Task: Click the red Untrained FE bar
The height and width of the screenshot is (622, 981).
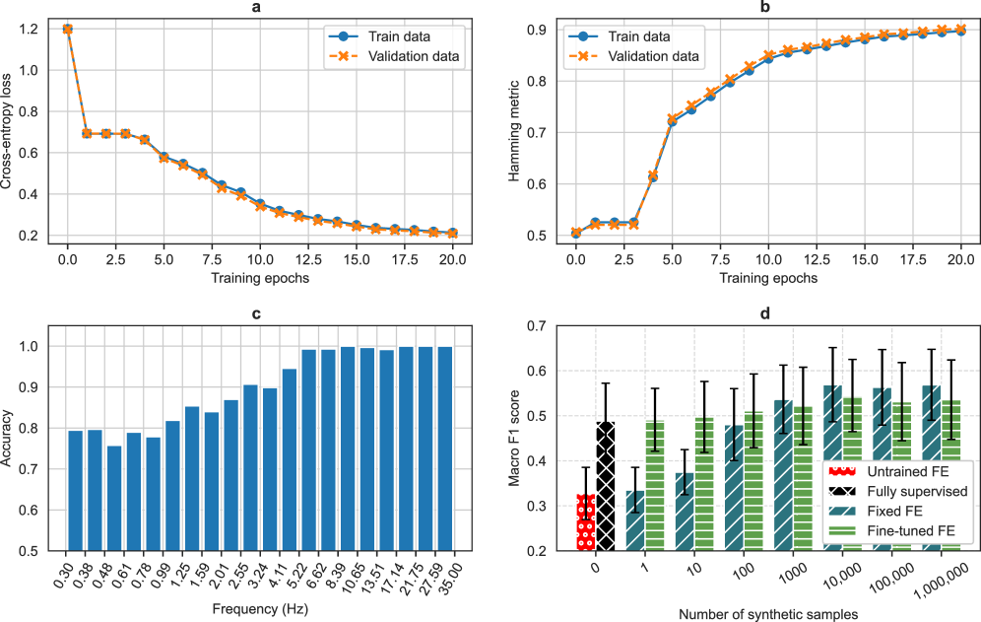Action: [586, 522]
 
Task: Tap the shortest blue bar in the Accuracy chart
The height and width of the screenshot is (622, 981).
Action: [114, 498]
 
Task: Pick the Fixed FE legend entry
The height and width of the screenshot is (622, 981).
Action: [894, 512]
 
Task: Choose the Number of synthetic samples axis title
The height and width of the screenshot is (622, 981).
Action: [767, 613]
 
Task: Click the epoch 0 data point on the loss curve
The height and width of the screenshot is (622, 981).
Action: [67, 30]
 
